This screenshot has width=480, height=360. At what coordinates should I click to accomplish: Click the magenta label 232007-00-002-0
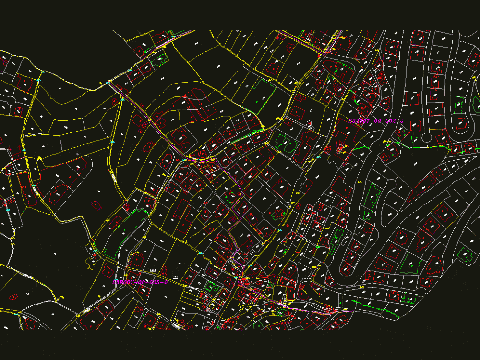coord(376,121)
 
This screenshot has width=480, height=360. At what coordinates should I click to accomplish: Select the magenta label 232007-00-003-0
coord(140,282)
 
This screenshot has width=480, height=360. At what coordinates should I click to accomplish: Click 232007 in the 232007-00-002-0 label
coord(360,121)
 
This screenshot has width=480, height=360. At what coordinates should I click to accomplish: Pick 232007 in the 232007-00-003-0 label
coord(123,282)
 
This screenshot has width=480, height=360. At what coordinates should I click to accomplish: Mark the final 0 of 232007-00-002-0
coord(402,121)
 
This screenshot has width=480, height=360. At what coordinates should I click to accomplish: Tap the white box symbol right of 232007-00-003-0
coord(175,277)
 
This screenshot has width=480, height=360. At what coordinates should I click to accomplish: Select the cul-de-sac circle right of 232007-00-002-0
coord(426,139)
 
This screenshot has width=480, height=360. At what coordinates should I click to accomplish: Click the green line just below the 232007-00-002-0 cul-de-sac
coord(432,147)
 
